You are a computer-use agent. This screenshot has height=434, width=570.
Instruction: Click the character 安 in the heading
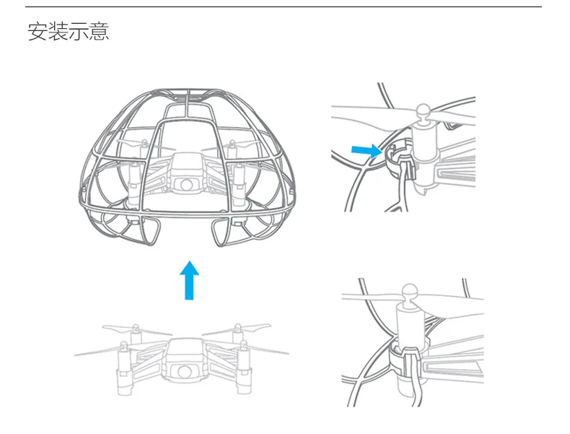point(38,32)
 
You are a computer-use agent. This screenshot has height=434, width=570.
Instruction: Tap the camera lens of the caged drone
point(188,184)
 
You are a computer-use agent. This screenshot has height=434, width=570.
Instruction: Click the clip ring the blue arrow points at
point(393,153)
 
